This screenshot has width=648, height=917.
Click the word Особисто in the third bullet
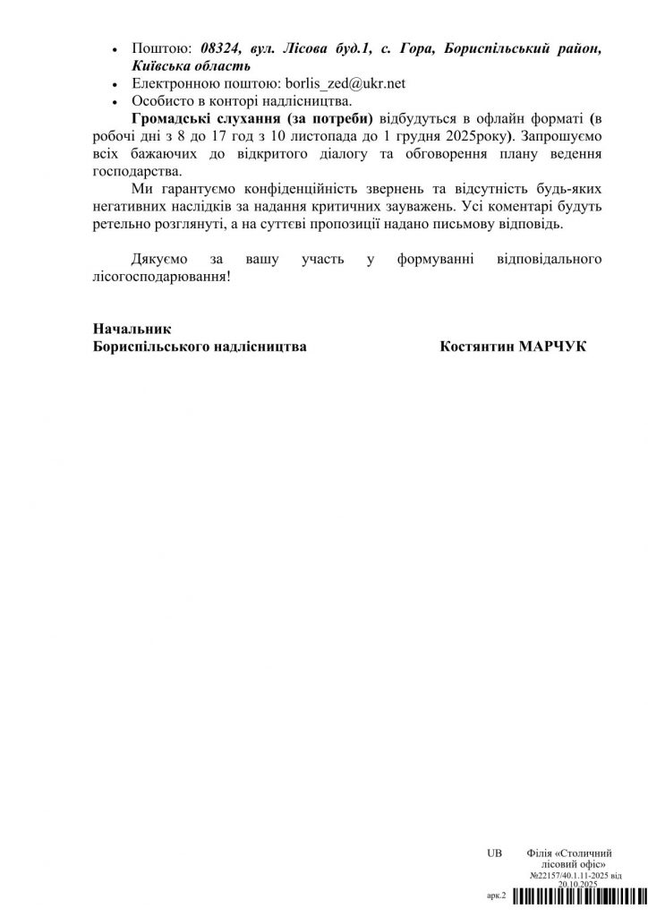point(162,100)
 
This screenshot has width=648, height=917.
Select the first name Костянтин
point(474,347)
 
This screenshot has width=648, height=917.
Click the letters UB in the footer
point(495,853)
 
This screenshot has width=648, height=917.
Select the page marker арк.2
point(497,895)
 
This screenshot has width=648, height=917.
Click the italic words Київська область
point(187,65)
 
